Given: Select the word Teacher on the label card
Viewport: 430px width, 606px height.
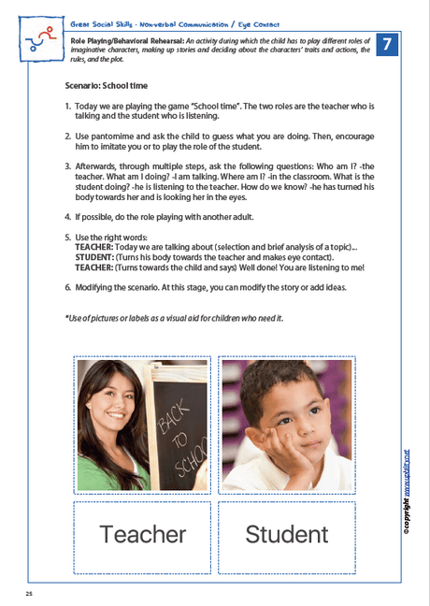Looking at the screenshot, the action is (142, 534).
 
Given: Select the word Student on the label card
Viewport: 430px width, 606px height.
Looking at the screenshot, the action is (286, 534).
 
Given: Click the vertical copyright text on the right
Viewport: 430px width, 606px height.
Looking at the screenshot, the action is (408, 487).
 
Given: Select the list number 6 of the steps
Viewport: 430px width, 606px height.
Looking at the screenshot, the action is (67, 287).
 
